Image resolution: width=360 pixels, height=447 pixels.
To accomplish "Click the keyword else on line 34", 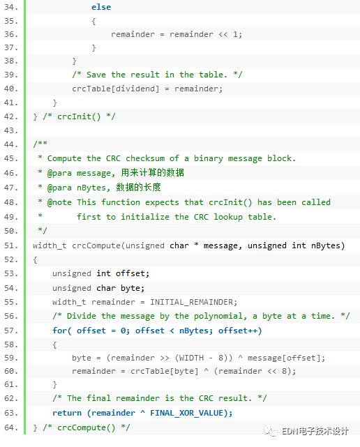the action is point(101,7).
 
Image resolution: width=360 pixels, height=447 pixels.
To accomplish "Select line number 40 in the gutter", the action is point(11,89).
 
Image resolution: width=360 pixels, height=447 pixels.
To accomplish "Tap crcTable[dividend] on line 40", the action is point(116,89).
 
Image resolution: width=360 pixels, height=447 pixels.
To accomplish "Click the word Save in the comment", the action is point(96,75).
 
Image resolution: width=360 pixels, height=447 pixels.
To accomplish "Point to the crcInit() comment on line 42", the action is point(79,116).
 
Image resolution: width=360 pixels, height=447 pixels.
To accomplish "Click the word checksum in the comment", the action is point(145,158).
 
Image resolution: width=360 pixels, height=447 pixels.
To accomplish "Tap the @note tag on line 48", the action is point(59,202).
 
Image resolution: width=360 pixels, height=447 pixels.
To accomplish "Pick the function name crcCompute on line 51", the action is point(96,245).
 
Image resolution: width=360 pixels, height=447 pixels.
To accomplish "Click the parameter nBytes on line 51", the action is point(326,245).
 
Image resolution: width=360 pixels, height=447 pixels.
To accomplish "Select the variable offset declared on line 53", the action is point(130,273).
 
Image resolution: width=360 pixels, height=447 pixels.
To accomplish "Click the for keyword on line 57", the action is point(59,331).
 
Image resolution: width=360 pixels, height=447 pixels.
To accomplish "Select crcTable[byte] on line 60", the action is point(165,371).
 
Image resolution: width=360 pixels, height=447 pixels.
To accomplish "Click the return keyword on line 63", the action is point(67,413).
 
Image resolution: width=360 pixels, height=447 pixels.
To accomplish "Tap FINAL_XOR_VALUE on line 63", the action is point(186,413).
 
